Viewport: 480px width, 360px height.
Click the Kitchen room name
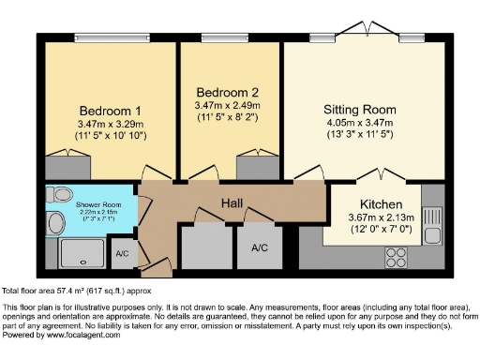(382, 204)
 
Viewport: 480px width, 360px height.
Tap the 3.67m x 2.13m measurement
(382, 218)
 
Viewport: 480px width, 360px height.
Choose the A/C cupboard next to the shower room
(123, 253)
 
